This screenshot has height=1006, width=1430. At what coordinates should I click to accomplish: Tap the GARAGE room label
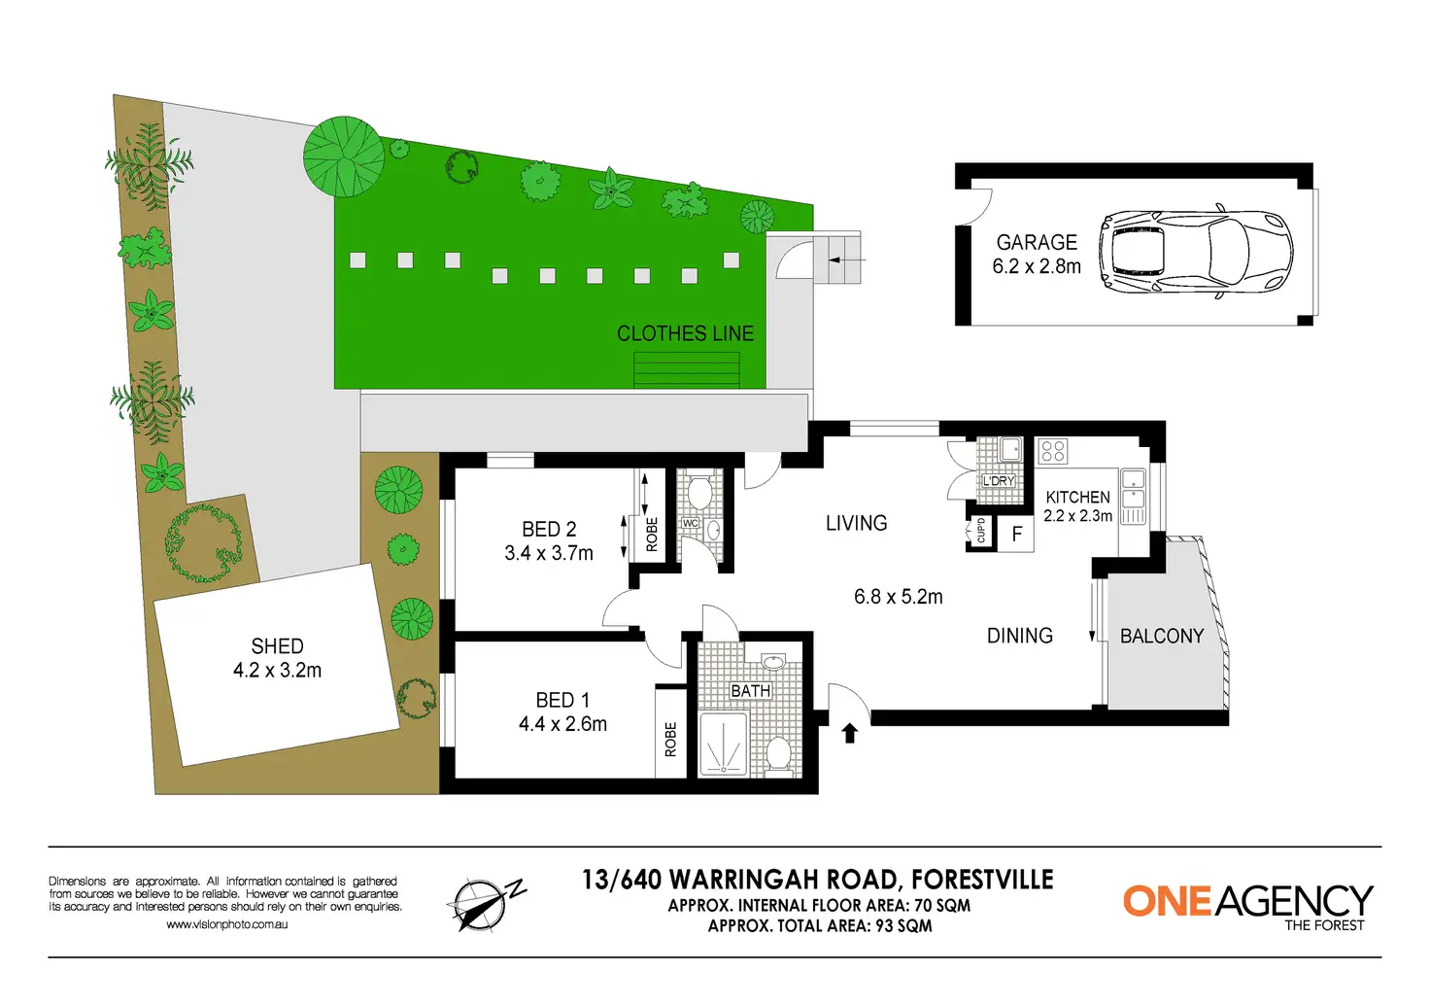[1037, 242]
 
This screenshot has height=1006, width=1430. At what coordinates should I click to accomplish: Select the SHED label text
[277, 646]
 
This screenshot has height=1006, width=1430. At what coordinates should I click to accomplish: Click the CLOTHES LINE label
[685, 333]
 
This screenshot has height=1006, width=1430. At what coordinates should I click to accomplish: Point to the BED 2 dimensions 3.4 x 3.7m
[549, 553]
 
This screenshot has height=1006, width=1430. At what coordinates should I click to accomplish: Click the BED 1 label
[562, 700]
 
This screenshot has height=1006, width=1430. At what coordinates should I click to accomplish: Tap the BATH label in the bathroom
[750, 691]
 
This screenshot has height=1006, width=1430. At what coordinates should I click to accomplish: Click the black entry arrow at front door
[850, 733]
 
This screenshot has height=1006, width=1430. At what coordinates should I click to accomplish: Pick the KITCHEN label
[1077, 497]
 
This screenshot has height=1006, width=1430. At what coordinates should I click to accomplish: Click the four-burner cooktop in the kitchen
[1053, 451]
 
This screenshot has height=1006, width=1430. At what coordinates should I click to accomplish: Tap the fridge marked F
[1016, 535]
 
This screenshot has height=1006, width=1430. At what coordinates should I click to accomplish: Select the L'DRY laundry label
[998, 481]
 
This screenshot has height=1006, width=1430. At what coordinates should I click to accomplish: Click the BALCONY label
[1161, 637]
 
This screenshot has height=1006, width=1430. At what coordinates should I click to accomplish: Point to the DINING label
[1019, 636]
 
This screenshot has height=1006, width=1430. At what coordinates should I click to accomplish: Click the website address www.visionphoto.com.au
[226, 924]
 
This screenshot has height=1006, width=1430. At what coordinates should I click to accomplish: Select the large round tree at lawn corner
[344, 156]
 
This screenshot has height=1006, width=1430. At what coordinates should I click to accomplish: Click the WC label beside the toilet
[690, 523]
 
